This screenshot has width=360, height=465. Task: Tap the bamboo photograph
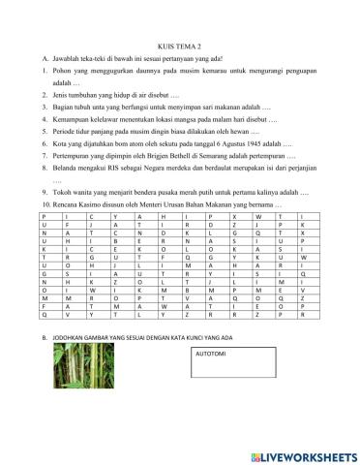(x=93, y=392)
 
